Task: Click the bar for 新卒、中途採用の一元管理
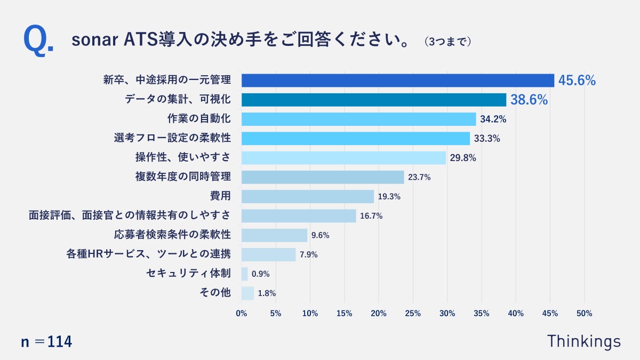398,81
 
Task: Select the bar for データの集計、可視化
373,100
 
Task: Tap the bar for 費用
308,196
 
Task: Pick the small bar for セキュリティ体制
245,274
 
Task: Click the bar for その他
247,293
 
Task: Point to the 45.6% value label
577,81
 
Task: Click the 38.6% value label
529,100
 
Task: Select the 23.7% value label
419,177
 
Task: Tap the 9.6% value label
321,235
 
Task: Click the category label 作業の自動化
199,119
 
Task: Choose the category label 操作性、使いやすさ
183,158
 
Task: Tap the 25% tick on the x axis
413,314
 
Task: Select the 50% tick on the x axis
585,314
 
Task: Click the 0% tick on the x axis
242,314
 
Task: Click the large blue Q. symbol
38,41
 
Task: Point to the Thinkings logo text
584,341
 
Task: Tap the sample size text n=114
46,342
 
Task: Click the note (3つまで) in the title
448,42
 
